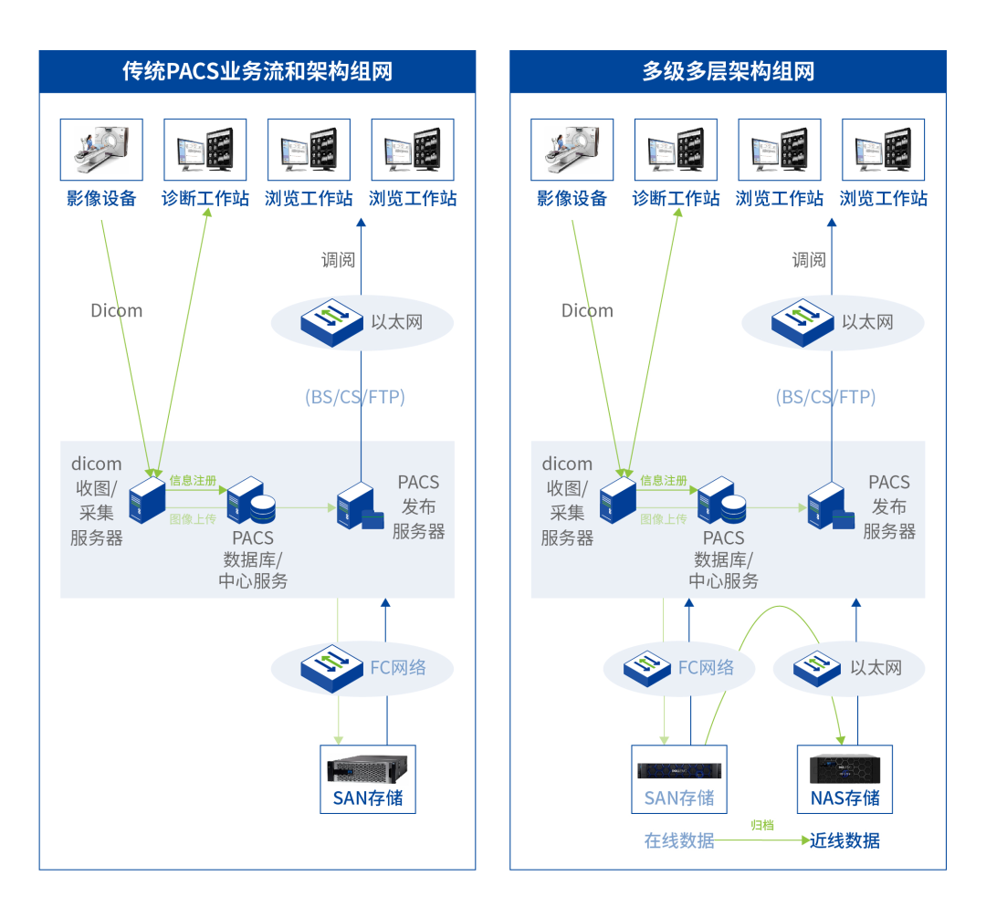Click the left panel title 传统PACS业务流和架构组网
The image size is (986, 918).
(257, 71)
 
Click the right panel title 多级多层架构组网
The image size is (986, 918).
(728, 71)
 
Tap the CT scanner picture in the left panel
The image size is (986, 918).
(101, 150)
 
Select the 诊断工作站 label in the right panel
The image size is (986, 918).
(676, 198)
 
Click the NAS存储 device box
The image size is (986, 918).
(844, 778)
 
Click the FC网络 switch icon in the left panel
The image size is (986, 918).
(332, 668)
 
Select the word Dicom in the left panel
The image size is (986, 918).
(116, 310)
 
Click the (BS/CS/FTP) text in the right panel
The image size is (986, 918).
(825, 397)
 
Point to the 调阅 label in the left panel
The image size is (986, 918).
(338, 260)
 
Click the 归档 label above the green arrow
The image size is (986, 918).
(761, 825)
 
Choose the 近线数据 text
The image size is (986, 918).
(844, 840)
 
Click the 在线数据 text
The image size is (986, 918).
(679, 840)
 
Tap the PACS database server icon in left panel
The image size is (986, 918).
(251, 500)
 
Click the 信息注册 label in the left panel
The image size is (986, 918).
(193, 480)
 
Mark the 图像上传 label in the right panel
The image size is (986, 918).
(664, 518)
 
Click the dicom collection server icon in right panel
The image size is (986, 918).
(617, 500)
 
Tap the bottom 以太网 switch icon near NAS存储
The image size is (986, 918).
(816, 668)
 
